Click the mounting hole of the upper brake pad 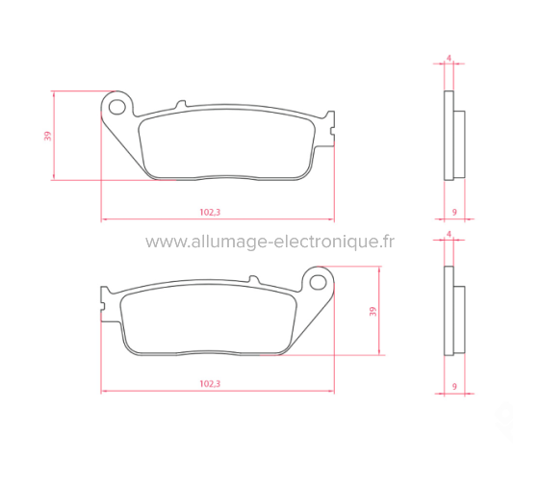pyautogui.click(x=118, y=102)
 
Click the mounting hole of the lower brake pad pyautogui.click(x=317, y=281)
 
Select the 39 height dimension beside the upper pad pyautogui.click(x=47, y=136)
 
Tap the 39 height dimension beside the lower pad pyautogui.click(x=372, y=311)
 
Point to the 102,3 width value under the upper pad pyautogui.click(x=211, y=212)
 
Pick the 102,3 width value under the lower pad pyautogui.click(x=211, y=383)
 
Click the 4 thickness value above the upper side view pyautogui.click(x=449, y=59)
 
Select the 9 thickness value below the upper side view pyautogui.click(x=453, y=211)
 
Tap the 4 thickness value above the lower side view pyautogui.click(x=449, y=234)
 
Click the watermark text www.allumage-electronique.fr pyautogui.click(x=269, y=243)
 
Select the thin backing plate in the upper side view pyautogui.click(x=448, y=135)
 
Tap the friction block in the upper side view pyautogui.click(x=459, y=144)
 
